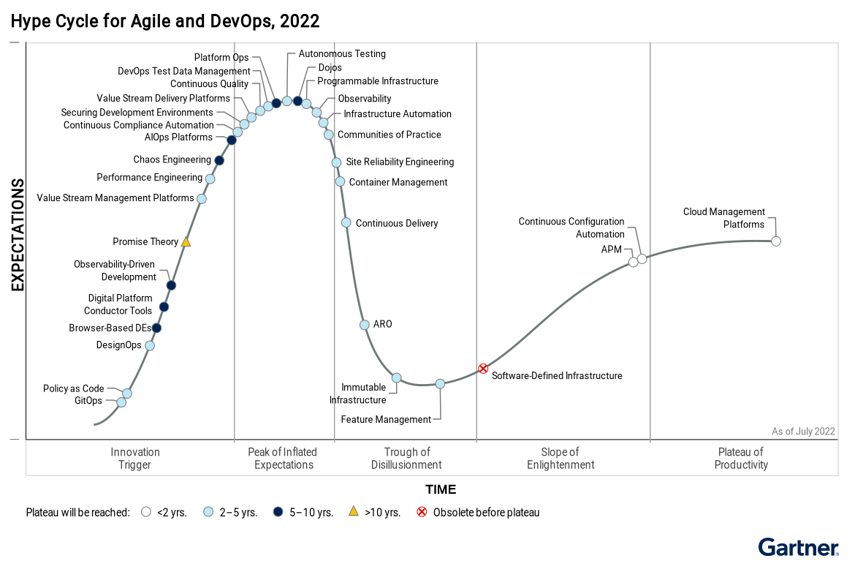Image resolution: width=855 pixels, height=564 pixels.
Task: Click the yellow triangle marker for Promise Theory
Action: (x=186, y=241)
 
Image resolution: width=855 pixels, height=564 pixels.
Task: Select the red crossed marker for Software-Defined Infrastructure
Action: (x=482, y=369)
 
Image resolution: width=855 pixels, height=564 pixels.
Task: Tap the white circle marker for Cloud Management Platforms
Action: (x=776, y=241)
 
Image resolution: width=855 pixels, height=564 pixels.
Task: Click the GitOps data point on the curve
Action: (x=121, y=402)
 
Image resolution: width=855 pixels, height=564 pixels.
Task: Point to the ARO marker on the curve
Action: (x=365, y=325)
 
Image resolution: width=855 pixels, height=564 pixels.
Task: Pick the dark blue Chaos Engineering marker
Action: (x=219, y=160)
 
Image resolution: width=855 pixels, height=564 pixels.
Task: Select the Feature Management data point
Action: (x=440, y=383)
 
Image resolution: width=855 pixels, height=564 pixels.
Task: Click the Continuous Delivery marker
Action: (x=346, y=222)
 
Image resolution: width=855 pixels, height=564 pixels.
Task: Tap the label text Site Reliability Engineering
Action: (x=400, y=162)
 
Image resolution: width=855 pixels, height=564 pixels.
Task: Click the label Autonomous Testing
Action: (x=342, y=53)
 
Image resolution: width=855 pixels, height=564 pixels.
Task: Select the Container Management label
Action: (x=398, y=182)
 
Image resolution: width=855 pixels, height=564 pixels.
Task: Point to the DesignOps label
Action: (x=118, y=345)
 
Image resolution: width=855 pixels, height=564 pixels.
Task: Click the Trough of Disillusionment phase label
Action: (x=406, y=459)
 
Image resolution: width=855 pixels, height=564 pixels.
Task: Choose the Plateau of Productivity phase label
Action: (x=741, y=459)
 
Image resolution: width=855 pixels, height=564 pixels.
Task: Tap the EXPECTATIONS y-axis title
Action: (x=18, y=235)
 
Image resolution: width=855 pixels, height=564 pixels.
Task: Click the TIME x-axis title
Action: (x=441, y=489)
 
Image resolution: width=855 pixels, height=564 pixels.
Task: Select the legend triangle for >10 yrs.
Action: (x=353, y=511)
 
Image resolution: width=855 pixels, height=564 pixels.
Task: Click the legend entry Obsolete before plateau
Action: (x=486, y=512)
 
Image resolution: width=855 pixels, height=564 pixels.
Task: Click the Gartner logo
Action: (x=798, y=547)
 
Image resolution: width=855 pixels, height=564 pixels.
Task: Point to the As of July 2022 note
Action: (x=803, y=432)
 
